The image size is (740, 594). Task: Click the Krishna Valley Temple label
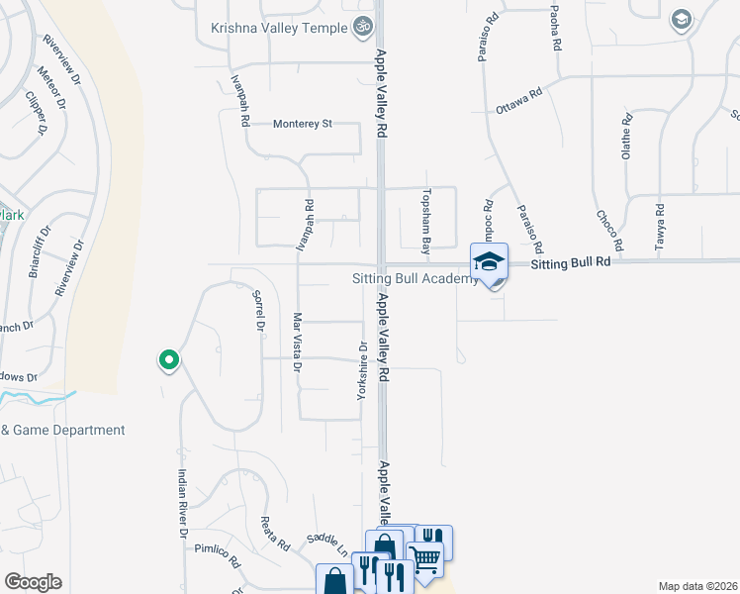pyautogui.click(x=280, y=28)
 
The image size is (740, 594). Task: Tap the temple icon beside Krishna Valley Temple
pyautogui.click(x=363, y=27)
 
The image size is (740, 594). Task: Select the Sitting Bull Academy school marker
pyautogui.click(x=489, y=262)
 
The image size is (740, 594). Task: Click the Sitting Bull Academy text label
pyautogui.click(x=416, y=279)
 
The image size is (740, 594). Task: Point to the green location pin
pyautogui.click(x=169, y=360)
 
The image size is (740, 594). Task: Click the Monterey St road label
pyautogui.click(x=302, y=124)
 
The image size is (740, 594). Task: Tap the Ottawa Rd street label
pyautogui.click(x=519, y=102)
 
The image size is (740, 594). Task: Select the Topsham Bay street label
pyautogui.click(x=427, y=219)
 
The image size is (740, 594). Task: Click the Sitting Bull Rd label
pyautogui.click(x=570, y=264)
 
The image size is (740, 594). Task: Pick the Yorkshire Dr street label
pyautogui.click(x=362, y=371)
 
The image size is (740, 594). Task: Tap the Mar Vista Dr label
pyautogui.click(x=296, y=342)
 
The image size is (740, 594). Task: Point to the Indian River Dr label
pyautogui.click(x=183, y=502)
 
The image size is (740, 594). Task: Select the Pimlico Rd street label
pyautogui.click(x=218, y=554)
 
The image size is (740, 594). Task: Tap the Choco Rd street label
pyautogui.click(x=608, y=230)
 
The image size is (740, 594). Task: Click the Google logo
pyautogui.click(x=33, y=582)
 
